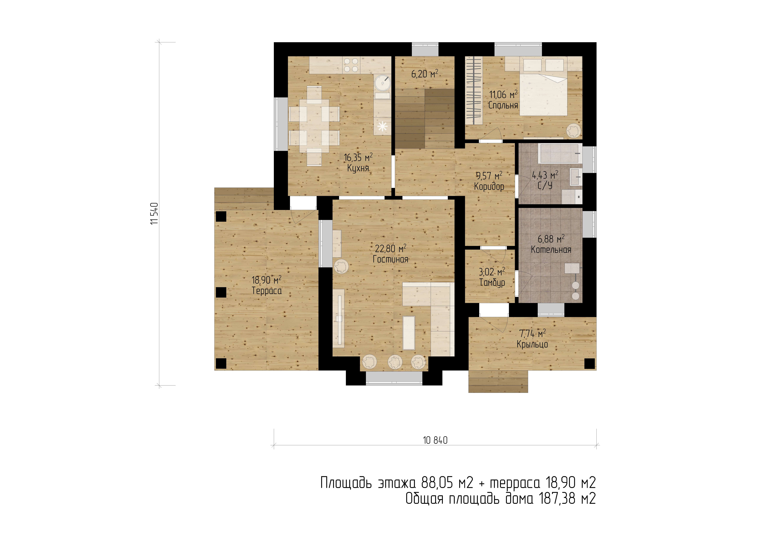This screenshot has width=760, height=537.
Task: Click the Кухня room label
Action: [x=358, y=168]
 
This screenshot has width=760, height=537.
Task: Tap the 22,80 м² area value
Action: [x=391, y=248]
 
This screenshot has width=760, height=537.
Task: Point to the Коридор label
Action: [x=489, y=187]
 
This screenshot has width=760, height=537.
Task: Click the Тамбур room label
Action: [x=492, y=283]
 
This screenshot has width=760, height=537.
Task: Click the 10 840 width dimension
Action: [x=435, y=440]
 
